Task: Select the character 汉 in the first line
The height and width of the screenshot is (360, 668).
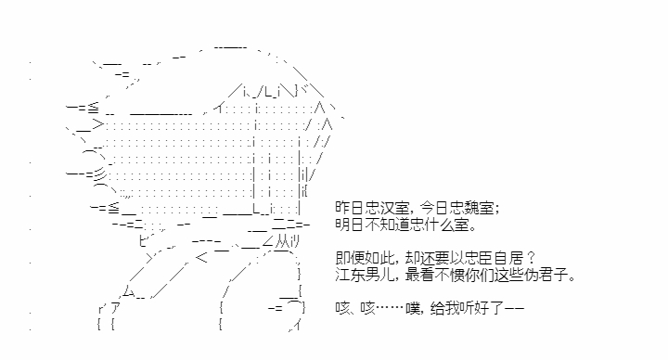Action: [x=386, y=208]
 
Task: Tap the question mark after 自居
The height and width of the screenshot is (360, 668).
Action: [x=530, y=258]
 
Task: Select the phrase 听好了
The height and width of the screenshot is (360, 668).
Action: [x=482, y=308]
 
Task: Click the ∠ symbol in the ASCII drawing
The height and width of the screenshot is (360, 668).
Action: [x=268, y=242]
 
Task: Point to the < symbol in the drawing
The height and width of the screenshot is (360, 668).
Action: [x=201, y=258]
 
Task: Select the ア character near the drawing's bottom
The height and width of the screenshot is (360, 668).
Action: [x=115, y=307]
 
